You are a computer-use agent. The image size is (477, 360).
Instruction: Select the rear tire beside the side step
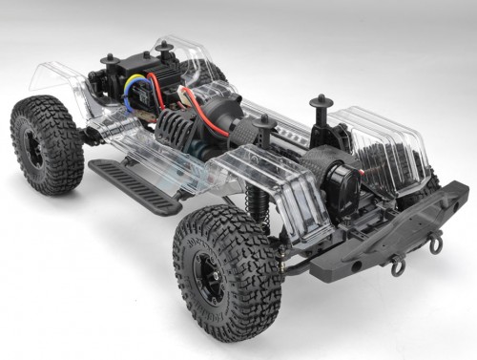(x=47, y=144)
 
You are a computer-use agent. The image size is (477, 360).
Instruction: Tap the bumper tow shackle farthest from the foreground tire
(x=435, y=244)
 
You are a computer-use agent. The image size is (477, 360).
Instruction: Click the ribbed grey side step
(x=135, y=185)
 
